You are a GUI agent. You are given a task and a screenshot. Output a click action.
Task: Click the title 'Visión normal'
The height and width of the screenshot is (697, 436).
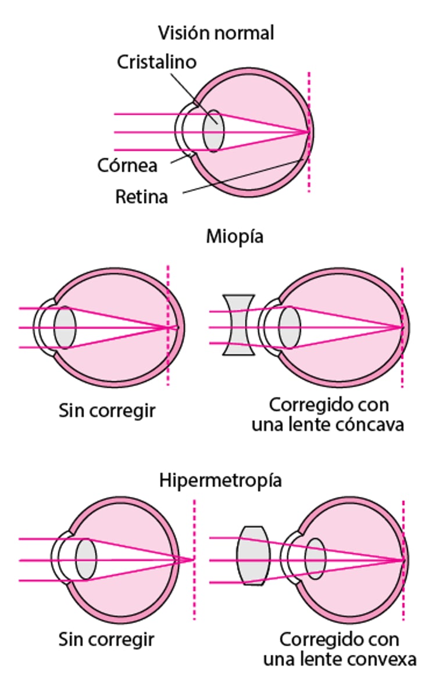216,33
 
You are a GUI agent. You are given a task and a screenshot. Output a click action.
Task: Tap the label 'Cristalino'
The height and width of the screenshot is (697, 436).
157,62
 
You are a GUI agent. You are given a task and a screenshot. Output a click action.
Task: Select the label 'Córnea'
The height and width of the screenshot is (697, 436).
127,166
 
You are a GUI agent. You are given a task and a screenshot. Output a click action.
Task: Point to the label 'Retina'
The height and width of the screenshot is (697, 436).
142,197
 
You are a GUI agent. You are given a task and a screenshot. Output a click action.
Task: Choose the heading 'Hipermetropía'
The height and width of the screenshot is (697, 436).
221,481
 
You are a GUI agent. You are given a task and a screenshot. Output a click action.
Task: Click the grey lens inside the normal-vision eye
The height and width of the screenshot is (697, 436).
213,132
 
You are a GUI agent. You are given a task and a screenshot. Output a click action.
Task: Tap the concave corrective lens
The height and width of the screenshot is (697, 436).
238,325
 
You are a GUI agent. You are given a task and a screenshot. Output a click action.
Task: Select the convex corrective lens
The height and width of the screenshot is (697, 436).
253,555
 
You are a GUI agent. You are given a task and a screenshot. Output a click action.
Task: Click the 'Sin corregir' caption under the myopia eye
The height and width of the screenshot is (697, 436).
108,410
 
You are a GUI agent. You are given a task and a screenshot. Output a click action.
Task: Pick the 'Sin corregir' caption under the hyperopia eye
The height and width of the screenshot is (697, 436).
106,640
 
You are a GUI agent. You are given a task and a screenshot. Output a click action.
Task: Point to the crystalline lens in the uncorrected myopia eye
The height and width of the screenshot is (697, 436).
65,328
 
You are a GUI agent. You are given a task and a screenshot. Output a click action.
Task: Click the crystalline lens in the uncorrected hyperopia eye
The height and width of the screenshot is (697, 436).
85,559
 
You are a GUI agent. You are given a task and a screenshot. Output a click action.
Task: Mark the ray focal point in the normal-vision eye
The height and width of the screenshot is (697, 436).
308,132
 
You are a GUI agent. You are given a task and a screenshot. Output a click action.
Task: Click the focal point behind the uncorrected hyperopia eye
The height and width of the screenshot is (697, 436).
192,559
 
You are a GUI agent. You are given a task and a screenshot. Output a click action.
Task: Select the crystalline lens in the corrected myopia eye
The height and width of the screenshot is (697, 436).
289,328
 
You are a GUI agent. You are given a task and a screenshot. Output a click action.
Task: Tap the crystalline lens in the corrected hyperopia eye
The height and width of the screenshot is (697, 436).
316,559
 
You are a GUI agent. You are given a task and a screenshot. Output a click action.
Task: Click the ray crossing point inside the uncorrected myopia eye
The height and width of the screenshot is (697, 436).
168,328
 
